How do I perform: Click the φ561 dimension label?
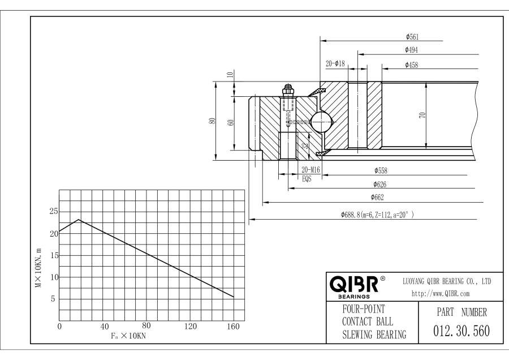point(412,36)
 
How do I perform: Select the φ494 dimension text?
point(411,50)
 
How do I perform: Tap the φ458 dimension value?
point(411,65)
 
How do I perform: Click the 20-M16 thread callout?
point(312,170)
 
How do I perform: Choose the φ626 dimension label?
point(380,183)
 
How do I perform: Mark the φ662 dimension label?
point(378,197)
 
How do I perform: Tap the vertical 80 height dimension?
point(212,121)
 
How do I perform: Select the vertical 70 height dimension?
point(421,115)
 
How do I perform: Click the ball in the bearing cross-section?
point(320,120)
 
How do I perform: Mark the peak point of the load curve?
point(79,220)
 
